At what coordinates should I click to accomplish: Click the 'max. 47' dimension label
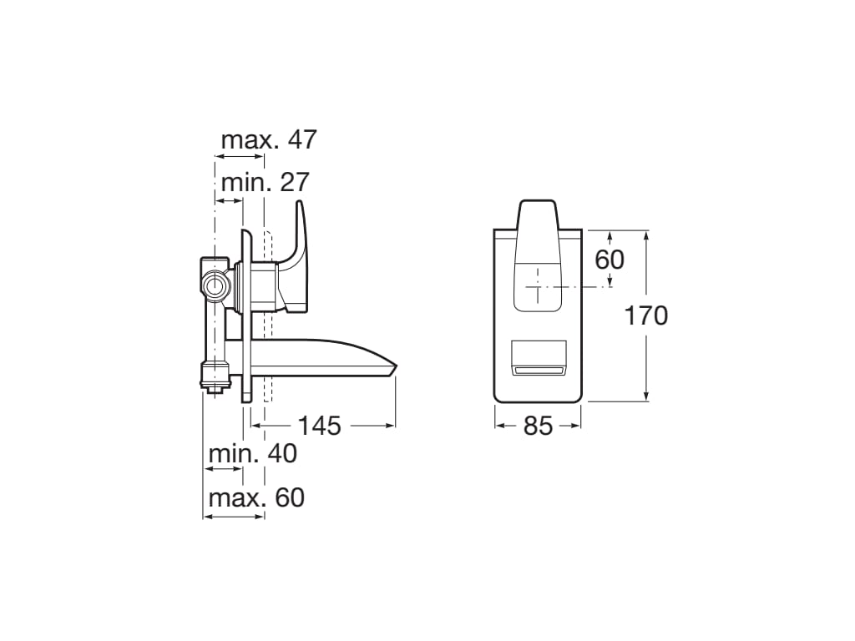(x=269, y=140)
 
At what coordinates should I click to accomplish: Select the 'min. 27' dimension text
(x=265, y=182)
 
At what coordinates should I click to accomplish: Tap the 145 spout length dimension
(x=320, y=426)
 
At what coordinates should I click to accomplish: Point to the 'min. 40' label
(x=252, y=454)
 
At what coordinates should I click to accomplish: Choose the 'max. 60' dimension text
(x=255, y=498)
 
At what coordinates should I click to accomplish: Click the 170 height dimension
(x=646, y=315)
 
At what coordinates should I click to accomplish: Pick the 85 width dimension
(x=538, y=426)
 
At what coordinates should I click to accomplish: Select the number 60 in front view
(x=609, y=260)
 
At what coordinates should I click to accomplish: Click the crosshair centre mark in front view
(x=538, y=286)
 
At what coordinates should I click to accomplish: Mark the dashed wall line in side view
(x=266, y=351)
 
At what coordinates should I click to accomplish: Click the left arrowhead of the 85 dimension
(x=498, y=426)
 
